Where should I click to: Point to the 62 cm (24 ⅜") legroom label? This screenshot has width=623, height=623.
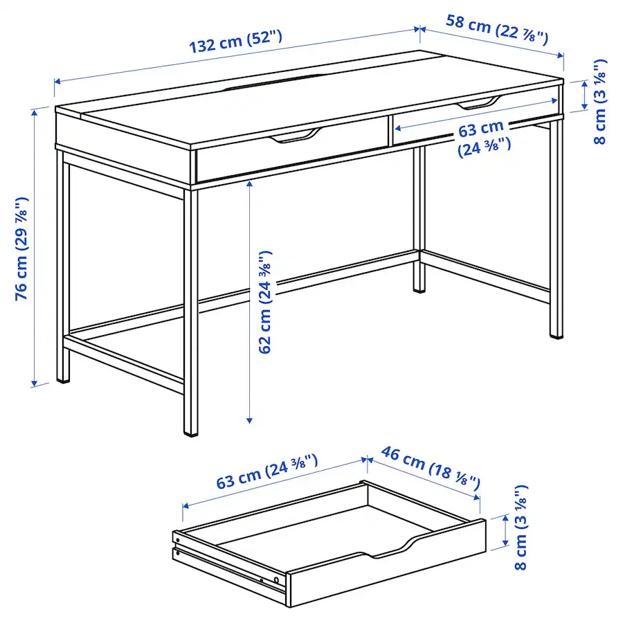point(266,303)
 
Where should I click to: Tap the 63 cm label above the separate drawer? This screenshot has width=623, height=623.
point(267,471)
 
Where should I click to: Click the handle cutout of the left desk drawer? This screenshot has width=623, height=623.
point(295,137)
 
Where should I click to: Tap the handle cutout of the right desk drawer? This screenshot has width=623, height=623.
point(478,103)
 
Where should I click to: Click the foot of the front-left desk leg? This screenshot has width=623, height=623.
point(63,379)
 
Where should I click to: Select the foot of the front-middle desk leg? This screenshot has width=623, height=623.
point(190,432)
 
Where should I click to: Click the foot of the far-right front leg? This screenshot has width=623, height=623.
point(556,334)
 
